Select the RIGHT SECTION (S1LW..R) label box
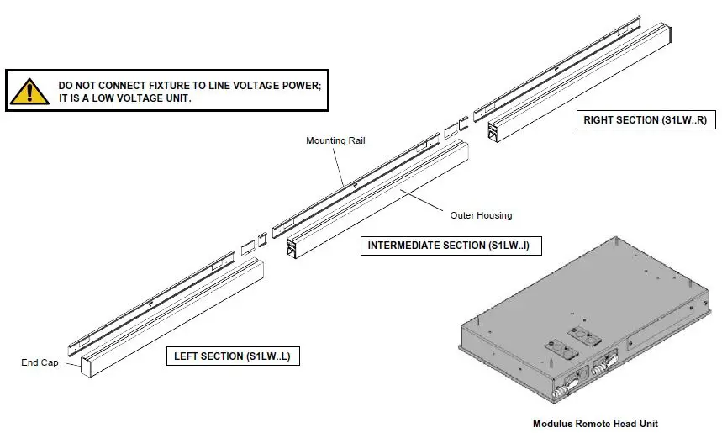click(x=645, y=120)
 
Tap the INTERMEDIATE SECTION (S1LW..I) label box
click(x=451, y=246)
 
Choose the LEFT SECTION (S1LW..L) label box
click(x=232, y=356)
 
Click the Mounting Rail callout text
click(x=335, y=140)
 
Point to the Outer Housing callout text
click(x=481, y=215)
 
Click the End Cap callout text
click(x=40, y=363)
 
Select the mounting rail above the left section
click(x=151, y=298)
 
